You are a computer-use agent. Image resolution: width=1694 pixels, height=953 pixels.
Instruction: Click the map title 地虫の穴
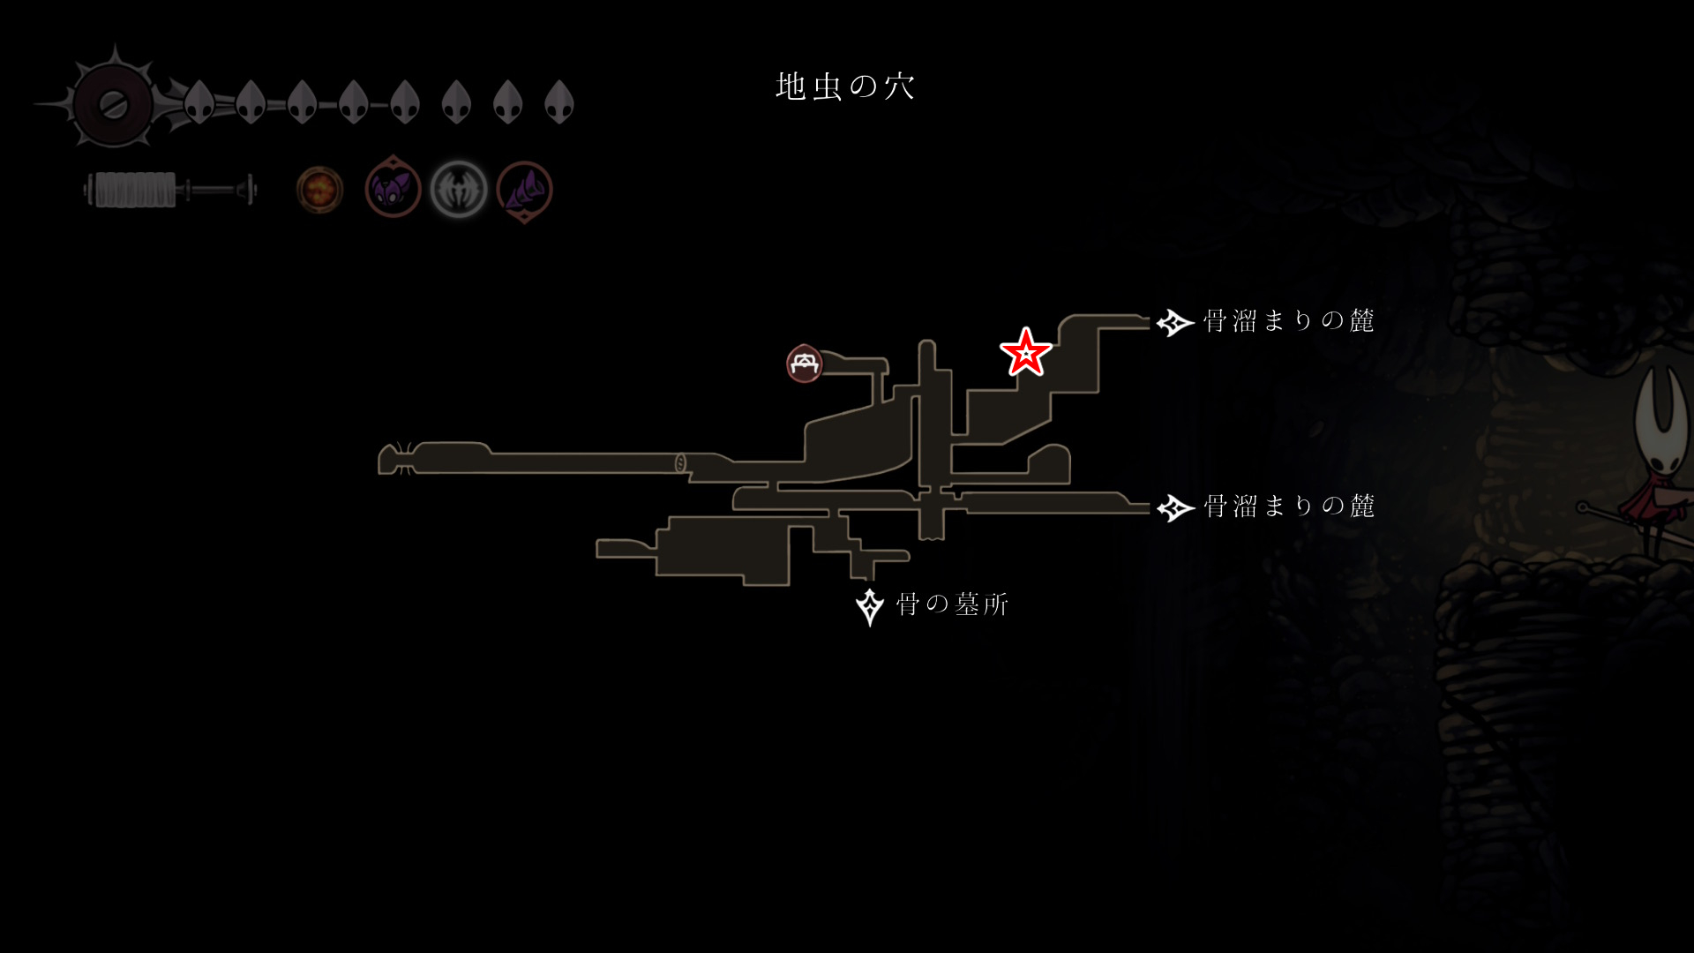pyautogui.click(x=845, y=86)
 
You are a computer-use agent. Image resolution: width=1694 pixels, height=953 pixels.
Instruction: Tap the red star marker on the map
pyautogui.click(x=1025, y=352)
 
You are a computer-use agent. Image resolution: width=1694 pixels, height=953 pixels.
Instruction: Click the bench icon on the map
pyautogui.click(x=804, y=364)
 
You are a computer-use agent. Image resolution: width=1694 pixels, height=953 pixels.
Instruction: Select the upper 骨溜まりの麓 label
pyautogui.click(x=1288, y=321)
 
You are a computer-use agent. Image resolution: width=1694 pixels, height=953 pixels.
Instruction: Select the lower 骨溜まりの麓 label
pyautogui.click(x=1288, y=507)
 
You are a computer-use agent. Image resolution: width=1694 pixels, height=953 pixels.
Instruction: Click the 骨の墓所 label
pyautogui.click(x=952, y=605)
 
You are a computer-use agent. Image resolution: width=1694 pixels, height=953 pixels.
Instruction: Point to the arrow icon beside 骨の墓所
pyautogui.click(x=870, y=606)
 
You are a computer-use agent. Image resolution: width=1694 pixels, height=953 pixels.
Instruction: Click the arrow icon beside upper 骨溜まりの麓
pyautogui.click(x=1174, y=323)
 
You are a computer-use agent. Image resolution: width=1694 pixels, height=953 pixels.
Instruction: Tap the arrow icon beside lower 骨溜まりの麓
pyautogui.click(x=1174, y=508)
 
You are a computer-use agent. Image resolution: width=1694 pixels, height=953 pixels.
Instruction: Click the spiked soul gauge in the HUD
pyautogui.click(x=113, y=104)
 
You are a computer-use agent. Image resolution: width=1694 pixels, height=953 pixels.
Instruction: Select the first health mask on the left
pyautogui.click(x=199, y=102)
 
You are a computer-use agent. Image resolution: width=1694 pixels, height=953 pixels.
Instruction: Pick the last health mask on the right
pyautogui.click(x=559, y=102)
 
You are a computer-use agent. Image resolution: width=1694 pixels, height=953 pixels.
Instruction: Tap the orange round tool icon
pyautogui.click(x=319, y=190)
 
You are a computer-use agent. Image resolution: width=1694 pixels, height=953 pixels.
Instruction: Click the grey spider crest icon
pyautogui.click(x=459, y=190)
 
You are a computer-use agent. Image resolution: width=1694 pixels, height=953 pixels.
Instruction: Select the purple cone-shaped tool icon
pyautogui.click(x=524, y=190)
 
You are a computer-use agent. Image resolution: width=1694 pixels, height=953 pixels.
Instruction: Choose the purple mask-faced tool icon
pyautogui.click(x=393, y=188)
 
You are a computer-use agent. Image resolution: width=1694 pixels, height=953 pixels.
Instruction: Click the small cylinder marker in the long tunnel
pyautogui.click(x=680, y=462)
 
